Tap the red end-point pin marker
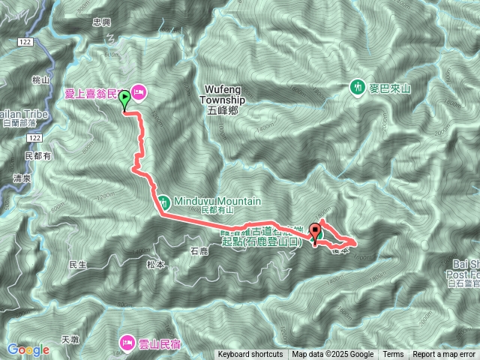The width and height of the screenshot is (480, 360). pyautogui.click(x=314, y=232)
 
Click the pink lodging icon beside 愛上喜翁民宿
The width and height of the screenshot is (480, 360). pyautogui.click(x=140, y=92)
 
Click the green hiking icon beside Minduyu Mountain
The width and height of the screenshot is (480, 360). pyautogui.click(x=163, y=201)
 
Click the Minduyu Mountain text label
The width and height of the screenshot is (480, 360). pyautogui.click(x=217, y=201)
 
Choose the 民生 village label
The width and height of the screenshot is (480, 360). pyautogui.click(x=78, y=265)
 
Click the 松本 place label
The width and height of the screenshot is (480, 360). pyautogui.click(x=155, y=264)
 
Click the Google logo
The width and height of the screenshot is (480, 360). pyautogui.click(x=28, y=349)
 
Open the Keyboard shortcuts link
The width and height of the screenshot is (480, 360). pyautogui.click(x=250, y=355)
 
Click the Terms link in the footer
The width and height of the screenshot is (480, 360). pyautogui.click(x=393, y=355)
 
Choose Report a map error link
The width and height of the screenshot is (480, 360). pyautogui.click(x=444, y=355)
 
